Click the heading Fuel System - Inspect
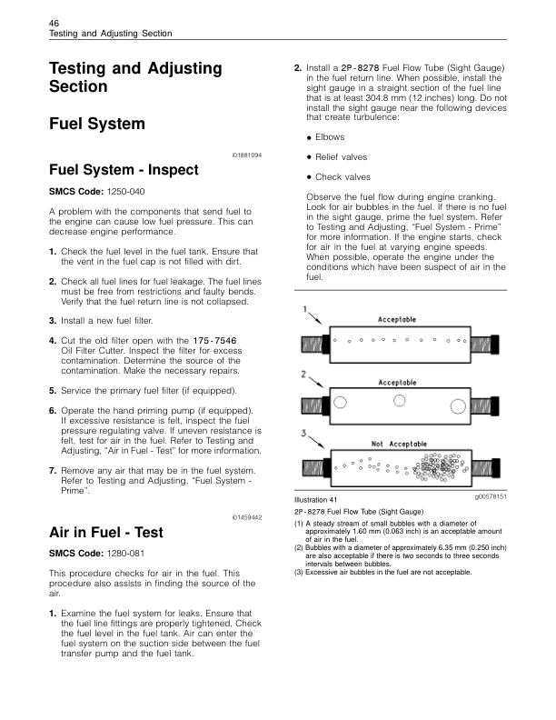tap(113, 170)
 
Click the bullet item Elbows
tap(329, 137)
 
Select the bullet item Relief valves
tap(341, 157)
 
